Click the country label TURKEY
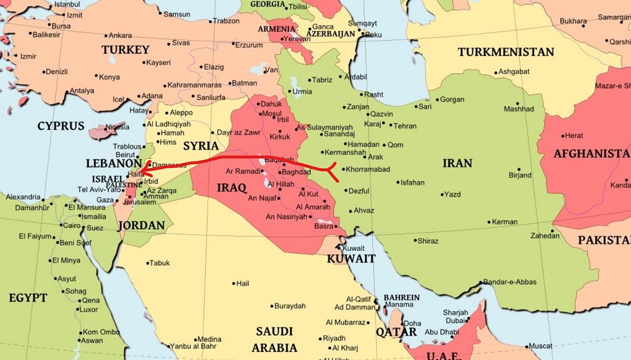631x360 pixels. (x=126, y=49)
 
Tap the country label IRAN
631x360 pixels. (x=457, y=163)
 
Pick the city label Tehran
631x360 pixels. (x=405, y=126)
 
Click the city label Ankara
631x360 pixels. (x=120, y=35)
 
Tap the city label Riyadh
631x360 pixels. (x=335, y=338)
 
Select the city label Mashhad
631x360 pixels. (x=518, y=109)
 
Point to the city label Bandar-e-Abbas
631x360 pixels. (x=509, y=282)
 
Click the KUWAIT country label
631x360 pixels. (x=351, y=259)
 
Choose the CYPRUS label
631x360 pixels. (x=60, y=126)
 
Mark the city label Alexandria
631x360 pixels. (x=23, y=197)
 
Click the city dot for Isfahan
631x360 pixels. (x=396, y=182)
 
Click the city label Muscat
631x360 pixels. (x=540, y=346)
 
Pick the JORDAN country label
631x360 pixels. (x=141, y=226)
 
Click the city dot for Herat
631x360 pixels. (x=563, y=136)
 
